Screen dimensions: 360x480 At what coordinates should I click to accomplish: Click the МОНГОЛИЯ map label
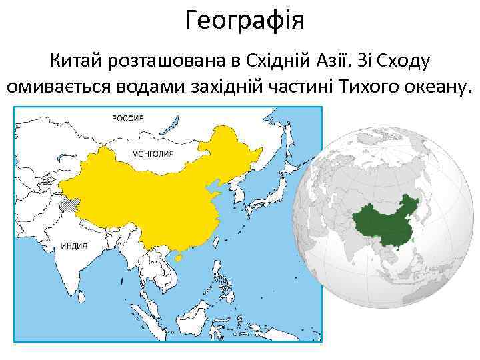[154, 153]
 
